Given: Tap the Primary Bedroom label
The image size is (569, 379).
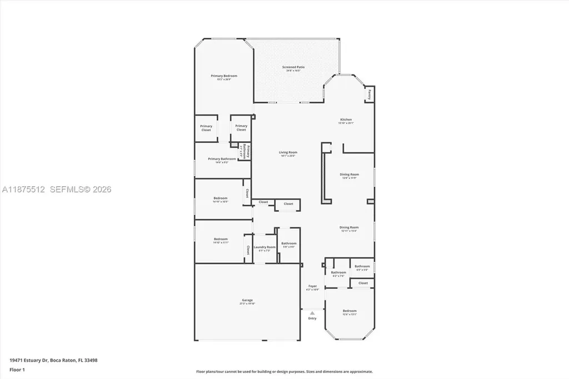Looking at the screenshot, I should click(223, 76).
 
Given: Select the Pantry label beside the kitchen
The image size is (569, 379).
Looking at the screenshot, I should click(369, 94).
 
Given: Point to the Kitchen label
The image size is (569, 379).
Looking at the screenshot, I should click(346, 119).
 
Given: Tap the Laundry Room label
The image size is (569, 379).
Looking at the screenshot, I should click(264, 247).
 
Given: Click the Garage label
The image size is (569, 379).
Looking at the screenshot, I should click(247, 300).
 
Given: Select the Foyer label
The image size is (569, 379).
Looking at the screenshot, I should click(313, 286).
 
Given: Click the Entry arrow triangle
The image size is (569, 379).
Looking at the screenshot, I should click(312, 313).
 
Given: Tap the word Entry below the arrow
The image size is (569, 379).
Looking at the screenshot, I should click(312, 318).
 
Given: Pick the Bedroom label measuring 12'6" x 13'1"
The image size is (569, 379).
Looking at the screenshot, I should click(350, 311).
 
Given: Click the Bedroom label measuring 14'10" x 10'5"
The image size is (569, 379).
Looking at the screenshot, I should click(220, 198).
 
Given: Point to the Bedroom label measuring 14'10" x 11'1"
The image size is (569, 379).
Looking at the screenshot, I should click(221, 239).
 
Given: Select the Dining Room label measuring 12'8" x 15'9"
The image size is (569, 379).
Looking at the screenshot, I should click(349, 174).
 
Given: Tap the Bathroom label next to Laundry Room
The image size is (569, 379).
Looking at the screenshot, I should click(288, 243).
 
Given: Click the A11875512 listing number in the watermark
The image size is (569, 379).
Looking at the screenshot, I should click(24, 189).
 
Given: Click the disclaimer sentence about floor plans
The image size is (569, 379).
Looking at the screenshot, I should click(284, 372).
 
